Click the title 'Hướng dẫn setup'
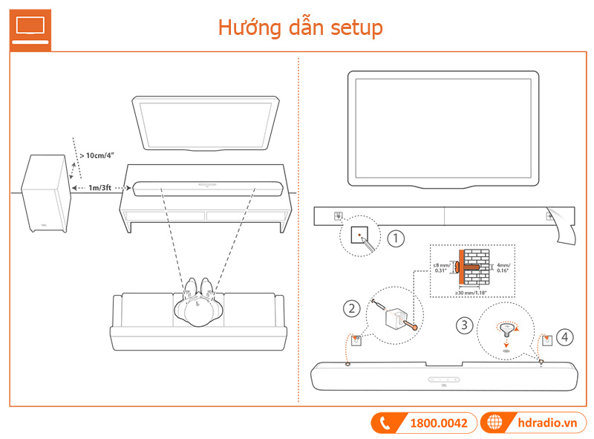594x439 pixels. click(x=300, y=27)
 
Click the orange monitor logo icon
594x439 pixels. click(x=30, y=28)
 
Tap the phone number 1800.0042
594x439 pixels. click(x=438, y=423)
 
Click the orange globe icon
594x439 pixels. click(x=495, y=423)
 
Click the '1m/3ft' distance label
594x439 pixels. click(x=102, y=189)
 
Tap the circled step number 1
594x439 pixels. click(x=396, y=238)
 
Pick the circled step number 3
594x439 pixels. click(x=463, y=325)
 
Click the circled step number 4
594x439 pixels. click(x=567, y=337)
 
